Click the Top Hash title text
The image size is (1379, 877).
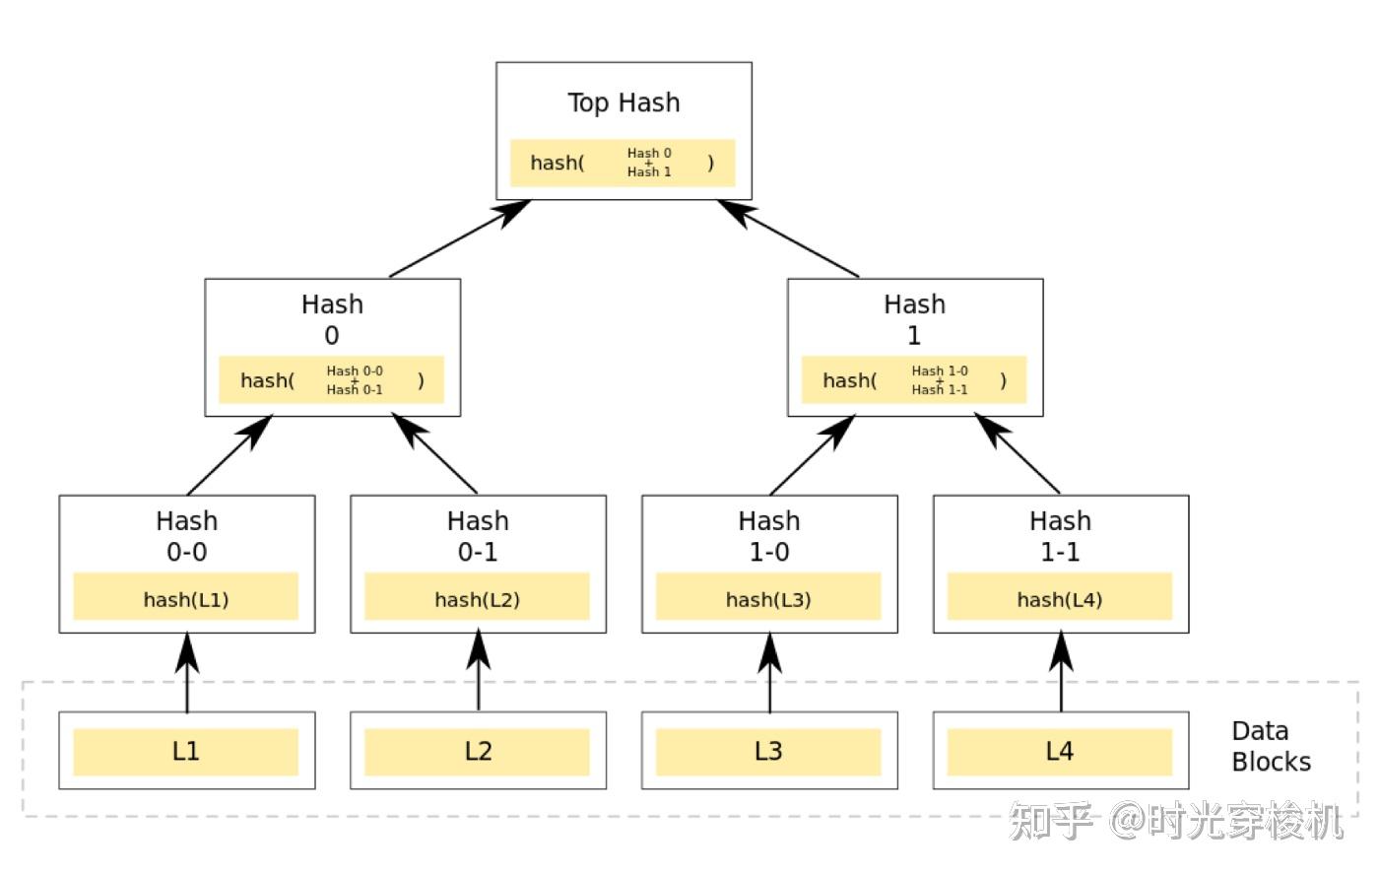(x=624, y=102)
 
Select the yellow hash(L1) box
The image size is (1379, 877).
(x=186, y=596)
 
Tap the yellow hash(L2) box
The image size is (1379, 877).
(x=477, y=596)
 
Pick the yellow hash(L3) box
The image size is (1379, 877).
(x=768, y=596)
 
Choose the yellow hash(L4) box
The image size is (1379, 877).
(x=1060, y=596)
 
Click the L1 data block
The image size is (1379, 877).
(x=186, y=751)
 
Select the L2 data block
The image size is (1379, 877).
(x=479, y=751)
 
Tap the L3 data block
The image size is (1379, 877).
(x=769, y=751)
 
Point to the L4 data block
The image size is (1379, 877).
(x=1061, y=751)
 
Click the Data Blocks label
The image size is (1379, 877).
(x=1271, y=747)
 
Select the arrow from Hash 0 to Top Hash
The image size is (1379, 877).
(x=460, y=238)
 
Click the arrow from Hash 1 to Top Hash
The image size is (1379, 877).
(x=788, y=238)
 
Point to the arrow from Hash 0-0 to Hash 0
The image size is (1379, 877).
(x=230, y=455)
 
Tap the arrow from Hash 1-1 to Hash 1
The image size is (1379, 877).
(x=1017, y=454)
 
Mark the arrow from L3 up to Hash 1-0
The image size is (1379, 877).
(x=769, y=672)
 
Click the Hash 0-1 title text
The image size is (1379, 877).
(x=478, y=536)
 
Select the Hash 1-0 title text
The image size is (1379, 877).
(x=769, y=536)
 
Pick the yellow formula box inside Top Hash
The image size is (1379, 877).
(x=623, y=163)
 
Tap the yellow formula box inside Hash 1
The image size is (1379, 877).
(x=914, y=379)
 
